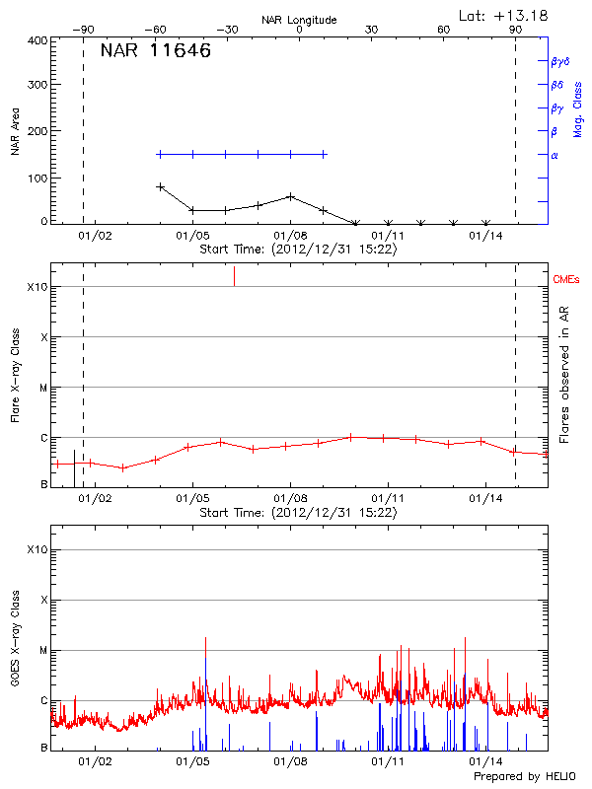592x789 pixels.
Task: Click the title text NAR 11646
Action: pyautogui.click(x=155, y=51)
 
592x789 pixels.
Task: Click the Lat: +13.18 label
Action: pyautogui.click(x=504, y=15)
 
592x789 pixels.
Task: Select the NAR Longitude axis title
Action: pyautogui.click(x=299, y=20)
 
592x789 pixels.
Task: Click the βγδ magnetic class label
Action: pyautogui.click(x=560, y=61)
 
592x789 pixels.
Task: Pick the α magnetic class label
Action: pyautogui.click(x=555, y=155)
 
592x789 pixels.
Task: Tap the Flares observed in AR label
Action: pyautogui.click(x=563, y=378)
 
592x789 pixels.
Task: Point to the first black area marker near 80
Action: pyautogui.click(x=160, y=186)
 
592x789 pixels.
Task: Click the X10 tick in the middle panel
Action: pyautogui.click(x=38, y=287)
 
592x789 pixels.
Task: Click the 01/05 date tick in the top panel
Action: pyautogui.click(x=192, y=236)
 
